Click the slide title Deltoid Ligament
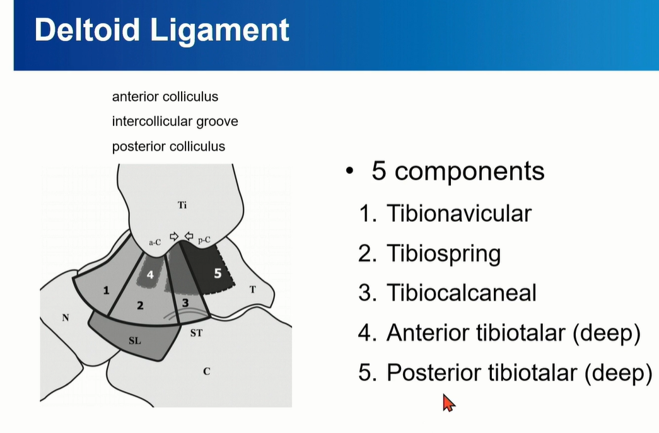162,30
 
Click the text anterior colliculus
165,96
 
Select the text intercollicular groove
175,122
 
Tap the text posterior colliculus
168,146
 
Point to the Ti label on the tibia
182,205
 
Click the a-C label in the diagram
155,242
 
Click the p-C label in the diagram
204,240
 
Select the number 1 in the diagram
107,290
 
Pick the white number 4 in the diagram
150,275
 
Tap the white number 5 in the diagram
218,274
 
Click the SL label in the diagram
134,340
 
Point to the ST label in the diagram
196,333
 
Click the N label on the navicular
65,318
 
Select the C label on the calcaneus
206,371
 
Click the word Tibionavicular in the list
459,214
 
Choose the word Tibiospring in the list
444,253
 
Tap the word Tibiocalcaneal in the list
462,292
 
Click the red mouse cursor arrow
448,403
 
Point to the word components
469,172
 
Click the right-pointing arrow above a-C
174,236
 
